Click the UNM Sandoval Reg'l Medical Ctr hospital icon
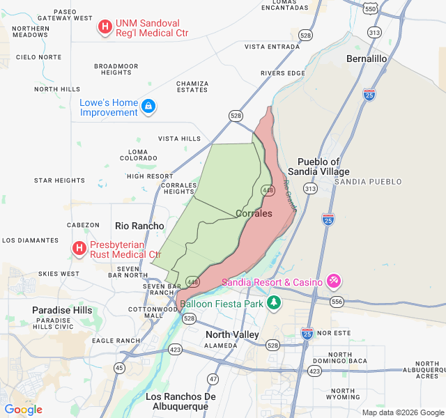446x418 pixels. (105, 27)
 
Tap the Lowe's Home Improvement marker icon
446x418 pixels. (148, 107)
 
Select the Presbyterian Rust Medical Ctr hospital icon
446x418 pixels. (79, 248)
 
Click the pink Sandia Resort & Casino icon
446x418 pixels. (334, 281)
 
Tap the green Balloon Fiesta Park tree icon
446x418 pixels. (275, 303)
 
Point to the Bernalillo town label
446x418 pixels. (367, 59)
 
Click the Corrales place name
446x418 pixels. (254, 213)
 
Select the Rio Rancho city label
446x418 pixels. (139, 226)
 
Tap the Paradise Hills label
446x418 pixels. (61, 310)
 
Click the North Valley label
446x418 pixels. (232, 335)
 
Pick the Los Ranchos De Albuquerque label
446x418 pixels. (181, 401)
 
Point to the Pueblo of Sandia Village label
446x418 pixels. (323, 167)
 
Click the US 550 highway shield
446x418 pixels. (371, 7)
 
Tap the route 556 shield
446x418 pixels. (337, 302)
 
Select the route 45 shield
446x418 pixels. (120, 367)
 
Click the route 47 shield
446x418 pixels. (213, 379)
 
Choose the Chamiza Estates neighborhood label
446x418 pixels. (192, 86)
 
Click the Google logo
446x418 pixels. (24, 410)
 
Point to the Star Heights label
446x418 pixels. (59, 180)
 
